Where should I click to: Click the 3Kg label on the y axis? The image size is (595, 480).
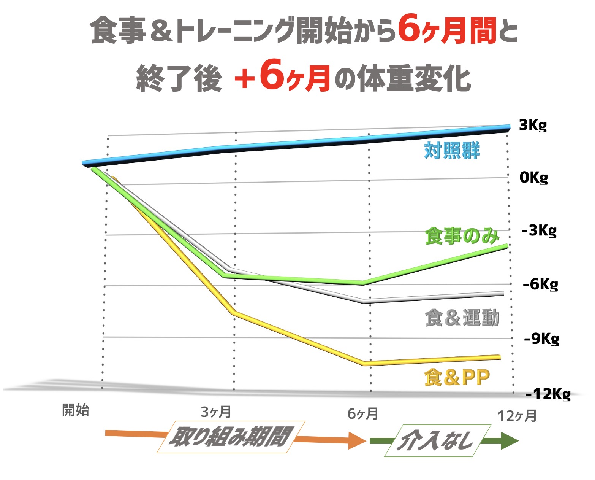click(533, 125)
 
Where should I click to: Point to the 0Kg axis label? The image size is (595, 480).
click(533, 177)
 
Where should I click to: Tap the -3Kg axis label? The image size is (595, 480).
click(539, 230)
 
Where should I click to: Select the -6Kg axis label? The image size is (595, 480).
click(540, 284)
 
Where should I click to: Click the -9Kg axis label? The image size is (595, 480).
click(541, 339)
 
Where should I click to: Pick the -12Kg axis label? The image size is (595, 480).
click(548, 394)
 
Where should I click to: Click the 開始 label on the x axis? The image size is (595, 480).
click(76, 410)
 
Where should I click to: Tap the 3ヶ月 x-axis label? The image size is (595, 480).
click(216, 412)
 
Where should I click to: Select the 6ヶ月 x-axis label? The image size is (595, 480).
click(363, 413)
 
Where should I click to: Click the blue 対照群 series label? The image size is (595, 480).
click(452, 151)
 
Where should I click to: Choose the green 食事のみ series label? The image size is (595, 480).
click(462, 236)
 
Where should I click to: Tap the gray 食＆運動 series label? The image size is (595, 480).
click(462, 318)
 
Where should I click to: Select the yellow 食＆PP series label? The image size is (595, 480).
click(457, 377)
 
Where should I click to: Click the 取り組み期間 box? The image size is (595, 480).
click(231, 437)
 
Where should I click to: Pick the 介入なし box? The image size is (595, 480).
click(437, 441)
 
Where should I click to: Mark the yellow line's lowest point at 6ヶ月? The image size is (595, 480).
click(365, 364)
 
